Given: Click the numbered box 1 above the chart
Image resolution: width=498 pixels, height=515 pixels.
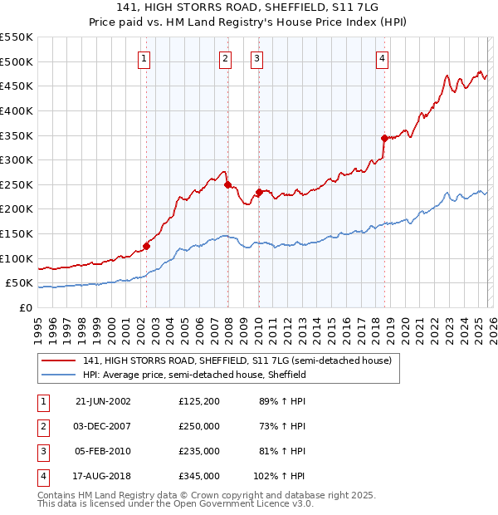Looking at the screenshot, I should (144, 58).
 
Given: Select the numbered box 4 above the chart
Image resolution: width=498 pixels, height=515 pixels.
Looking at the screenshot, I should (382, 58).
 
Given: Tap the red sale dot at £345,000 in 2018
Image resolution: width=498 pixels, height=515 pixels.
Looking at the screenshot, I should (384, 138).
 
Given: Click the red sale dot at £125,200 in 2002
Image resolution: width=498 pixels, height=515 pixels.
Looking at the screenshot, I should (147, 246).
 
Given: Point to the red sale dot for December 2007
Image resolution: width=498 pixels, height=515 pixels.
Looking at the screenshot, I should (227, 184).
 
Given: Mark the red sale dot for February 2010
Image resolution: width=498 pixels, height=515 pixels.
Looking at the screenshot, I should (259, 192).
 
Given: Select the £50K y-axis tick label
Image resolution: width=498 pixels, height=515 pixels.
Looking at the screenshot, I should (20, 283).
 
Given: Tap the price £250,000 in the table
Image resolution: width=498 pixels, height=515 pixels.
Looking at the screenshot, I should (198, 426).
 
